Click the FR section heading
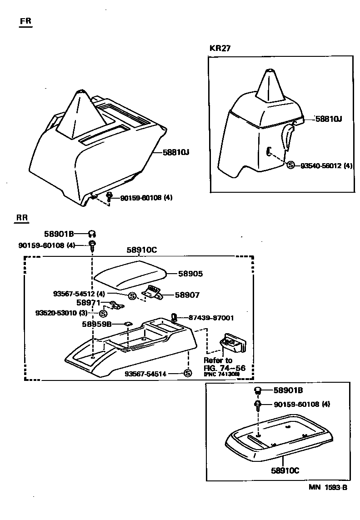tap(25, 21)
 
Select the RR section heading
tap(22, 218)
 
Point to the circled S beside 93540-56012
tap(291, 165)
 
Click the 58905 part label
tap(190, 274)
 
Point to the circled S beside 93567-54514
tap(187, 373)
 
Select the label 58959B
tap(97, 324)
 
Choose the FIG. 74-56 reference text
tap(225, 368)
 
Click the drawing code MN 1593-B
tap(328, 488)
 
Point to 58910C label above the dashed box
tap(142, 250)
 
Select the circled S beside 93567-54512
tap(132, 296)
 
